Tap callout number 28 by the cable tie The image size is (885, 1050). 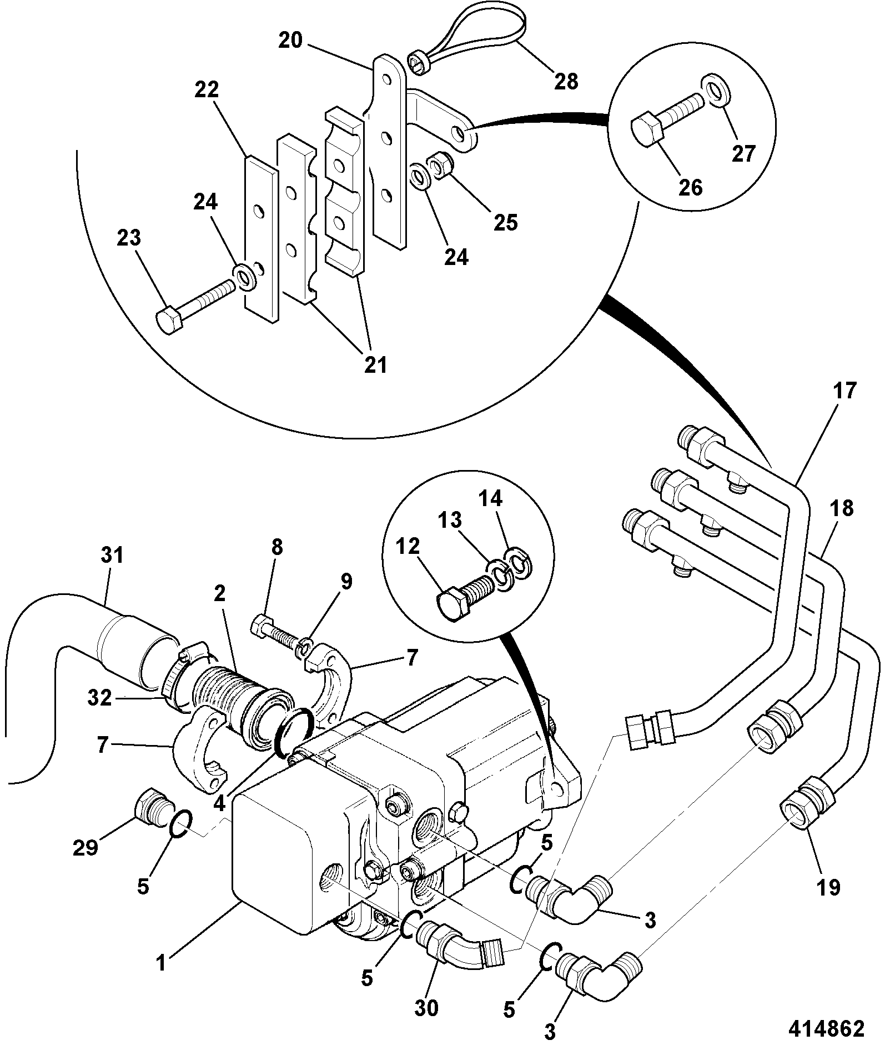566,82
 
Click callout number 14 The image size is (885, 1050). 490,499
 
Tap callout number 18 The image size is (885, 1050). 842,508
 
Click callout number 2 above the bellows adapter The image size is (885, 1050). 220,594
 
